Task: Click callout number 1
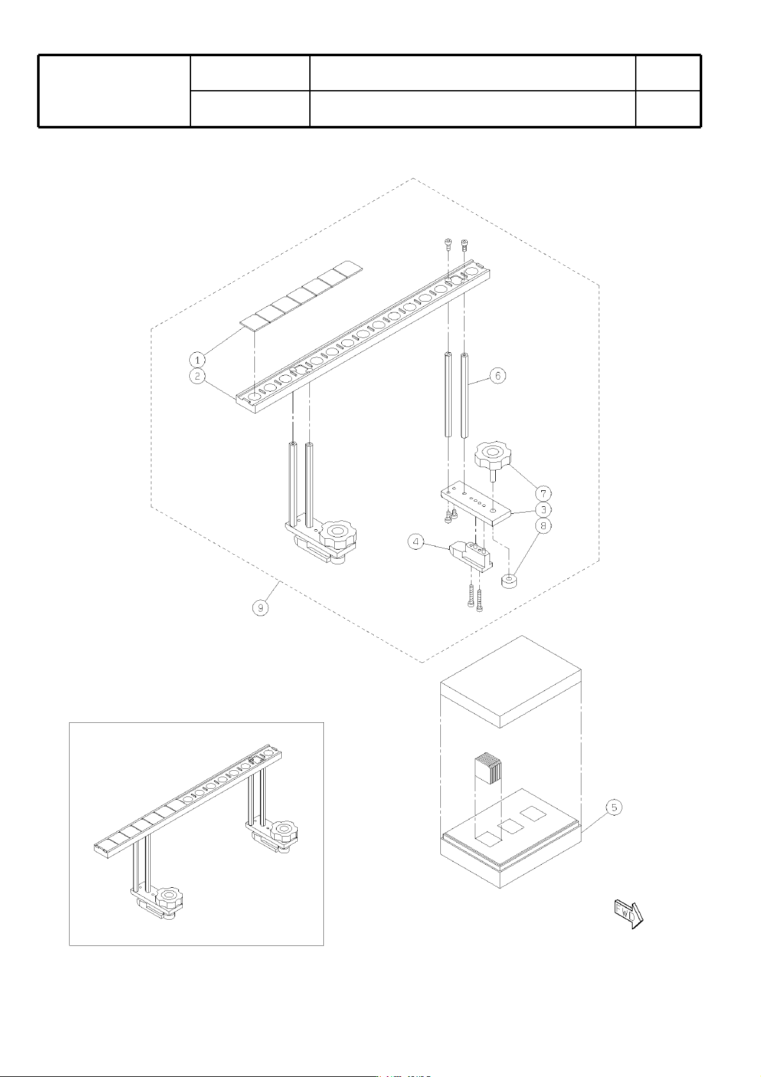point(196,359)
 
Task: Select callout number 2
point(197,375)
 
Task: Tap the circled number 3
point(543,509)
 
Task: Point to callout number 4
point(415,542)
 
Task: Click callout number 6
point(498,375)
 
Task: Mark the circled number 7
point(543,493)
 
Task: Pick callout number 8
point(543,525)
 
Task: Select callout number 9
point(261,607)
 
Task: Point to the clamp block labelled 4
point(470,556)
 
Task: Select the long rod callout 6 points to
point(465,395)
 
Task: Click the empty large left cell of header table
point(114,91)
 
